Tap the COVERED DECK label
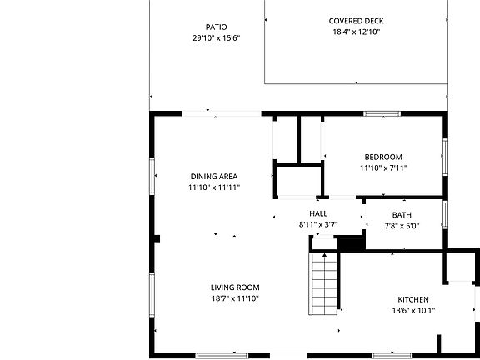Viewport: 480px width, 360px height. coord(356,21)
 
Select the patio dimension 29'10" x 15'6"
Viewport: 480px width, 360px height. coord(216,38)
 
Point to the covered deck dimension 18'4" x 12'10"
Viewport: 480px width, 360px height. coord(356,32)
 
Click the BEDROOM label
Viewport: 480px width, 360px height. coord(383,157)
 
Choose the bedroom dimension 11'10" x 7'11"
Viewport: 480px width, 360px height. coord(383,168)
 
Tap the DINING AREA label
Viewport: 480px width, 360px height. coord(214,176)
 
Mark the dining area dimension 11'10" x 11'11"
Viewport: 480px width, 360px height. coord(214,187)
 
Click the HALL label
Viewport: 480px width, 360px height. coord(318,214)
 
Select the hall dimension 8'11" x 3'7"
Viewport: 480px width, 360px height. coord(318,225)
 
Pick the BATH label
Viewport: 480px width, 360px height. coord(402,214)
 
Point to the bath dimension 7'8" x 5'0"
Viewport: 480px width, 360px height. coord(402,225)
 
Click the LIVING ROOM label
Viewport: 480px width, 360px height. coord(235,287)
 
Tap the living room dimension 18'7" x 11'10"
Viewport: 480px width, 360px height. coord(235,298)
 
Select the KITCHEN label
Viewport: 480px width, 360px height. coord(412,299)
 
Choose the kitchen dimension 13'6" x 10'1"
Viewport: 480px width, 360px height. coord(412,311)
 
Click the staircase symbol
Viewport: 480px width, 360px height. coord(323,283)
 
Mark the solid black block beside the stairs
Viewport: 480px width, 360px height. coord(350,242)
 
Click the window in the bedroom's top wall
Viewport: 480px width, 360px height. coord(382,114)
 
